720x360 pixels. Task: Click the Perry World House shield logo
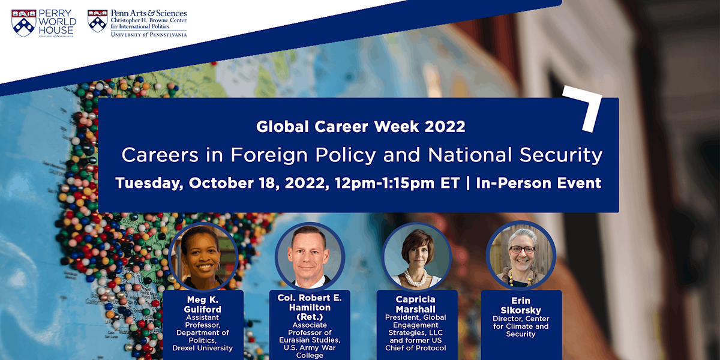point(23,22)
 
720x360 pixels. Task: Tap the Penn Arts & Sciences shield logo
point(97,20)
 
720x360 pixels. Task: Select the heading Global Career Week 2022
point(361,127)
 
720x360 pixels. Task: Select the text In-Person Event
point(538,183)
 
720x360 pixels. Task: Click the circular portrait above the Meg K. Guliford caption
point(203,256)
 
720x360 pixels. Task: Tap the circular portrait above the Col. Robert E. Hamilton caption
point(310,256)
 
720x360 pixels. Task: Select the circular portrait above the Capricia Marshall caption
point(416,256)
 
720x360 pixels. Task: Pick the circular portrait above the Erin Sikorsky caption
point(521,256)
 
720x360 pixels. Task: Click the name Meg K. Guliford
point(203,305)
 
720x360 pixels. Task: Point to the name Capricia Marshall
point(416,305)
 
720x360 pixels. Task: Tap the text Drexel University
point(203,348)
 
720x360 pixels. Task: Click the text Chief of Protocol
point(417,348)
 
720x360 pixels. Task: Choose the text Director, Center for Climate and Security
point(521,326)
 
